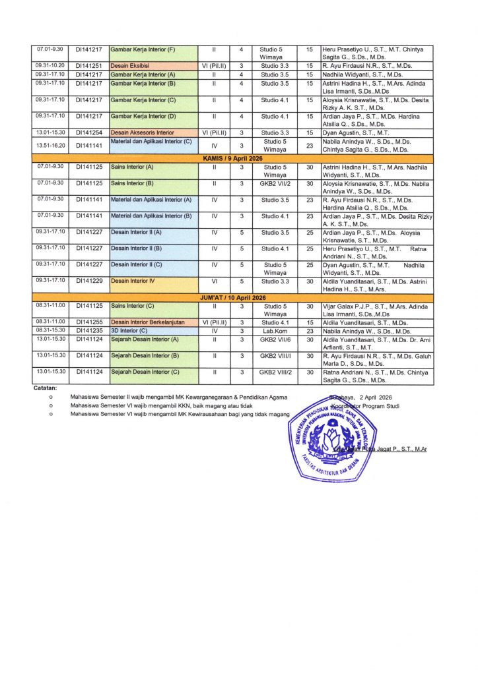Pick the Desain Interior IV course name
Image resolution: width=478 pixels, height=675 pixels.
coord(129,281)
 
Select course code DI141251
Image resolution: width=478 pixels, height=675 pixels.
coord(88,66)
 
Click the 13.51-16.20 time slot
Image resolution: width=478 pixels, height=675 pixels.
coord(50,145)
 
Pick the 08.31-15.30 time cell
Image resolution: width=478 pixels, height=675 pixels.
coord(50,331)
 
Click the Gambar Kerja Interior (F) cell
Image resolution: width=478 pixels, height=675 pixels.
coord(143,50)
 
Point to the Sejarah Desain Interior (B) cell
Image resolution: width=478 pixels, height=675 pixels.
coord(145,356)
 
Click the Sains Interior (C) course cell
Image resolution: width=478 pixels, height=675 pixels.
coord(132,307)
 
